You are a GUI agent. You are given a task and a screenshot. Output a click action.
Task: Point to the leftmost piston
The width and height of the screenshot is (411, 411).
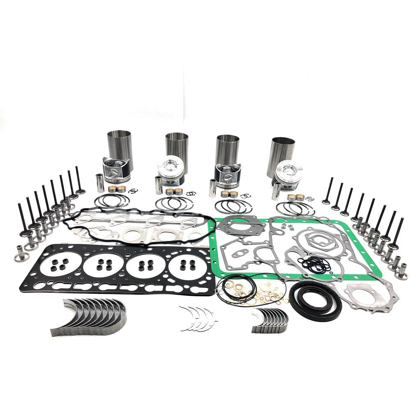click(x=116, y=170)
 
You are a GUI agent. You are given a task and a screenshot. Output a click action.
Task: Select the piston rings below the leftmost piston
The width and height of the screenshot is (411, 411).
click(x=112, y=202)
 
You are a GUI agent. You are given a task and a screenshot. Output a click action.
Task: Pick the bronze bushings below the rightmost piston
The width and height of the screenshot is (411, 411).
click(x=296, y=198)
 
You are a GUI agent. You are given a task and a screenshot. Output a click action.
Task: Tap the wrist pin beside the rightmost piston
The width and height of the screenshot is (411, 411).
click(x=276, y=191)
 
